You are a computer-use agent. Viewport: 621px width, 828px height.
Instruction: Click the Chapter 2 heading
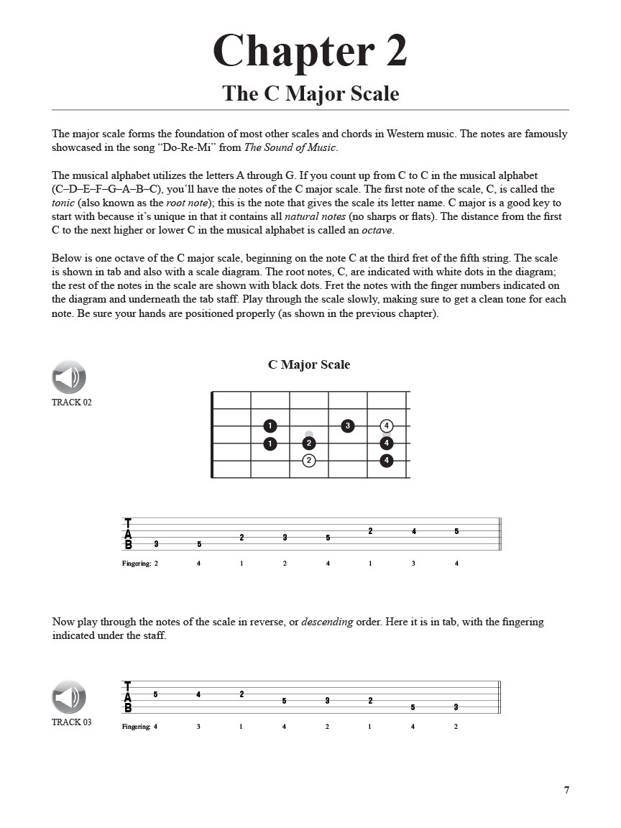click(x=310, y=51)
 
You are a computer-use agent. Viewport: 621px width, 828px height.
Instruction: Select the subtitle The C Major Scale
click(x=310, y=94)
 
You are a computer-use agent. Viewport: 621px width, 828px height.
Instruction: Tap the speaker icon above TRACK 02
click(x=69, y=377)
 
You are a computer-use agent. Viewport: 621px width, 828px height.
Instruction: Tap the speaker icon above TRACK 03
click(x=69, y=696)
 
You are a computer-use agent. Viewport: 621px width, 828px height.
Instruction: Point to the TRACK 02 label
click(x=72, y=402)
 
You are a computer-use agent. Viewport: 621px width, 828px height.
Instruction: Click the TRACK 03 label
click(x=72, y=722)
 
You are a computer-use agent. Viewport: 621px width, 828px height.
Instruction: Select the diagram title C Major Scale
click(x=309, y=364)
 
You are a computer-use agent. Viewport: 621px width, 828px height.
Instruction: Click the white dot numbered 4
click(x=387, y=426)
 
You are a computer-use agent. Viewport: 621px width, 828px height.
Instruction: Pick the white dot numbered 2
click(x=309, y=461)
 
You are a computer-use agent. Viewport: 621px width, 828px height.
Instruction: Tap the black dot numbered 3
click(x=348, y=426)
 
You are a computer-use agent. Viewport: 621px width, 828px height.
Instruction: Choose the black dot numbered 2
click(x=309, y=443)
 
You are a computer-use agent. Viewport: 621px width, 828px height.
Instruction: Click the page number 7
click(x=566, y=790)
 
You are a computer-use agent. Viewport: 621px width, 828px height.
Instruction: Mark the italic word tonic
click(x=63, y=203)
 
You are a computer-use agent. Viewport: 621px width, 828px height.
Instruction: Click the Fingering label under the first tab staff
click(x=137, y=563)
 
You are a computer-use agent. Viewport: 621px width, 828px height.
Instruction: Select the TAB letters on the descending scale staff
click(x=128, y=697)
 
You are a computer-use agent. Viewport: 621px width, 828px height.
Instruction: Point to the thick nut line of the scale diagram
click(x=212, y=434)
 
